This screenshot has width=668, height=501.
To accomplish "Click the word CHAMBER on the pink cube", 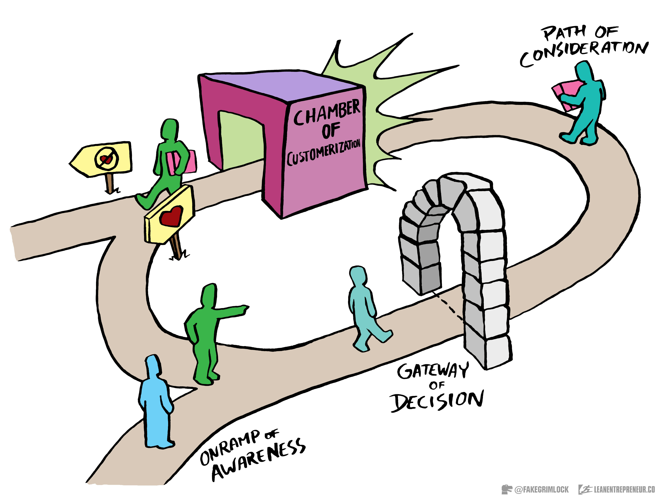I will click(327, 112).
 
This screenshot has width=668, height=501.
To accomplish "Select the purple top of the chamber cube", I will click(281, 84).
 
